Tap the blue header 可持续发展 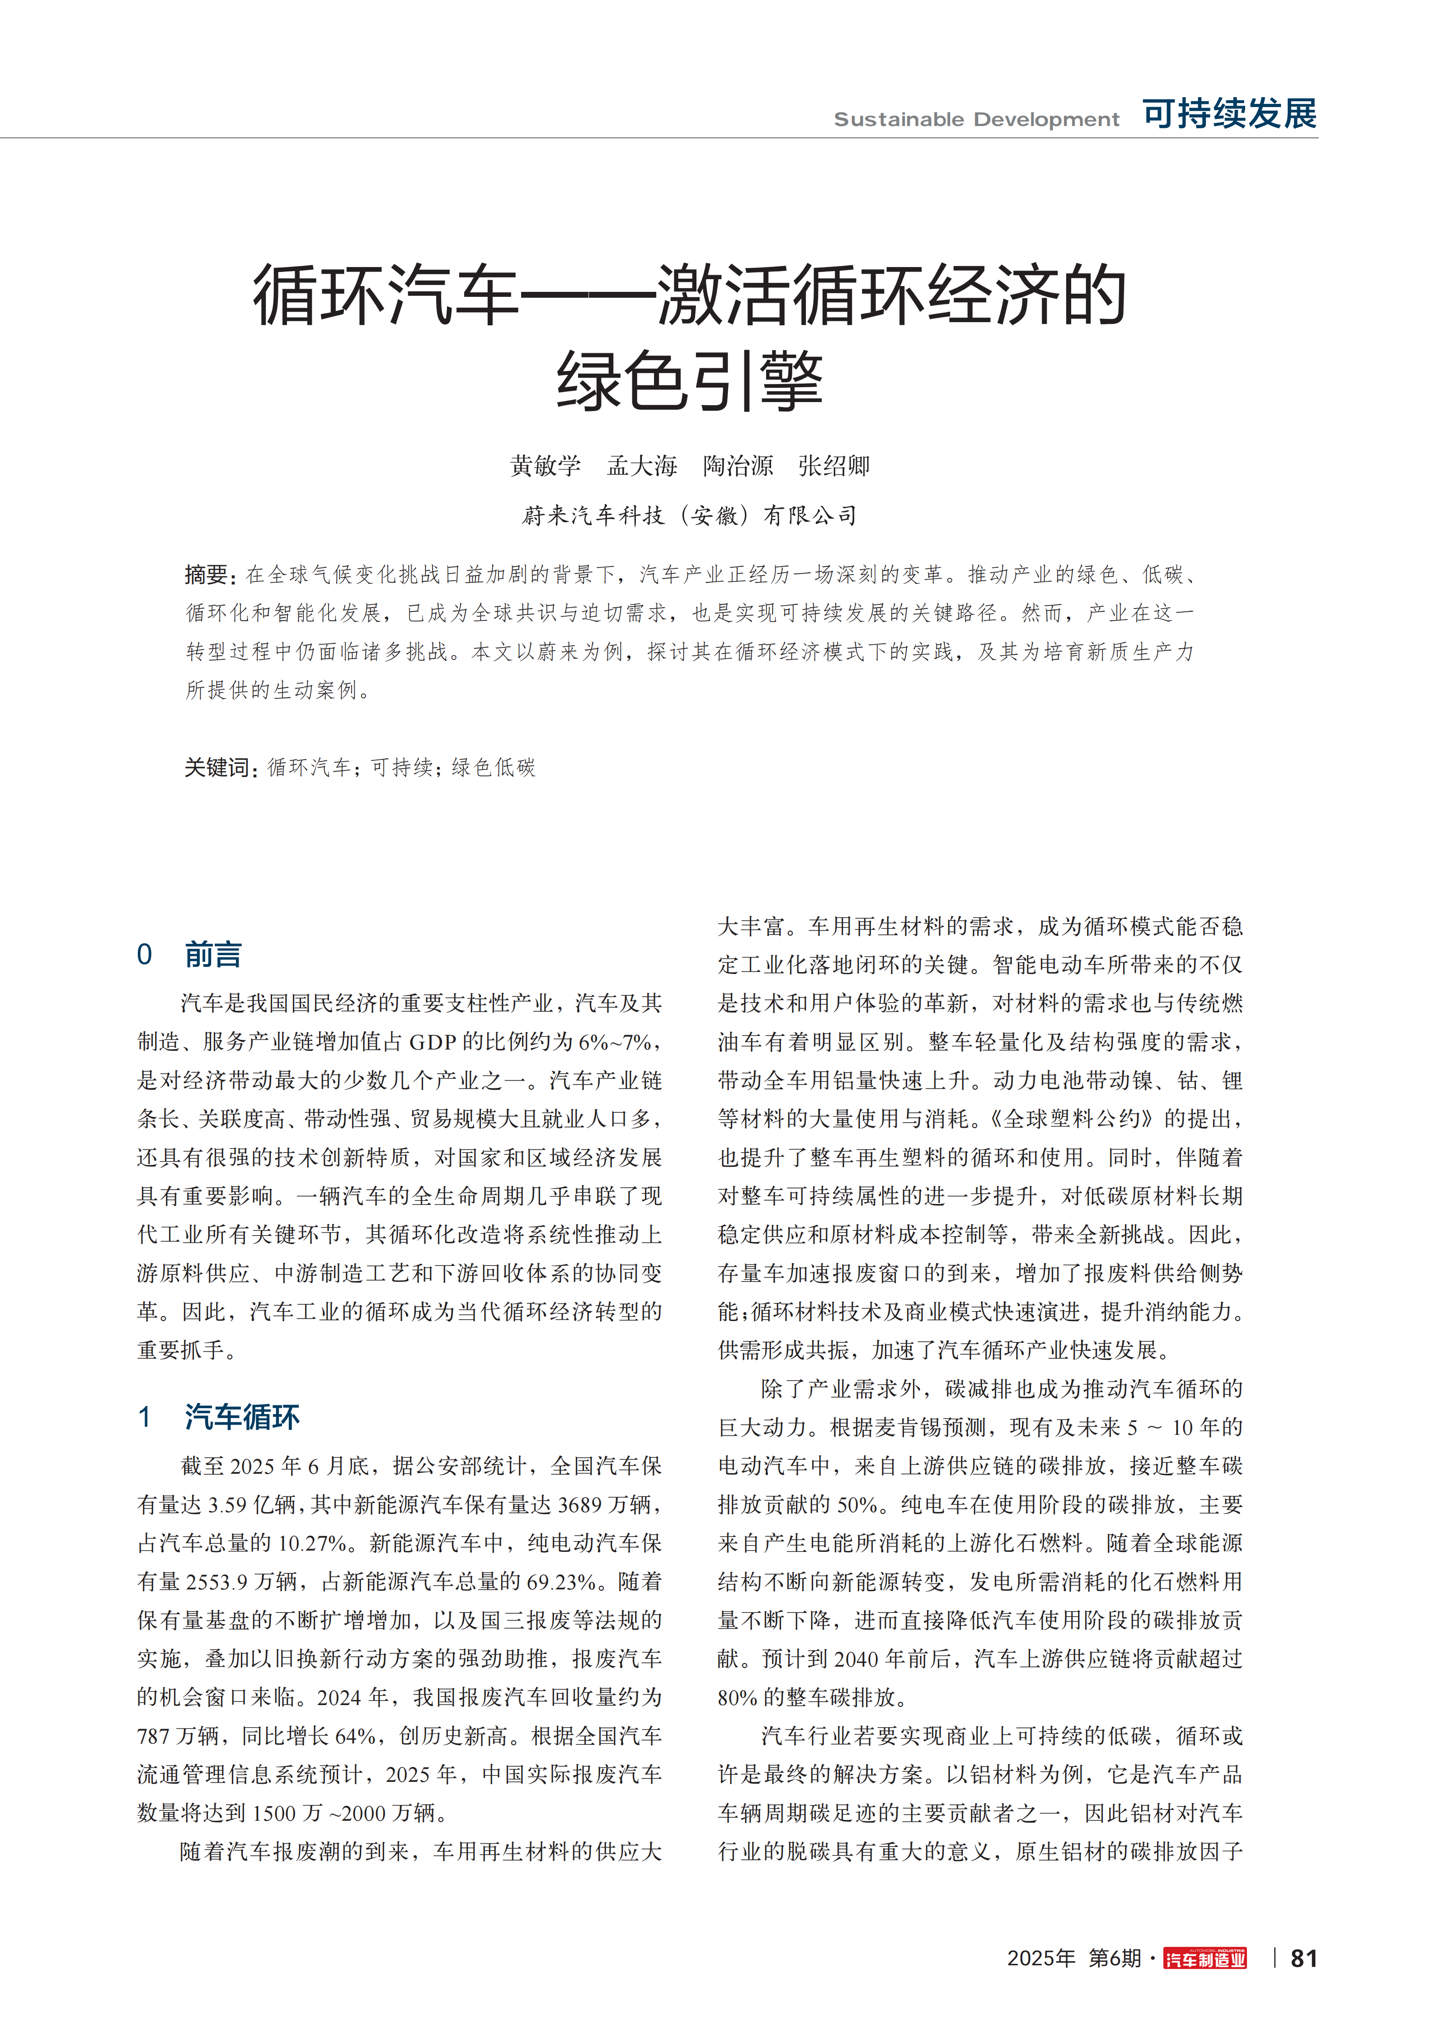(x=1229, y=114)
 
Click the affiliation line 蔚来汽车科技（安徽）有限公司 (x=690, y=515)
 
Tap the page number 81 (x=1304, y=1959)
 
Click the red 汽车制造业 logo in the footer (x=1205, y=1959)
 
